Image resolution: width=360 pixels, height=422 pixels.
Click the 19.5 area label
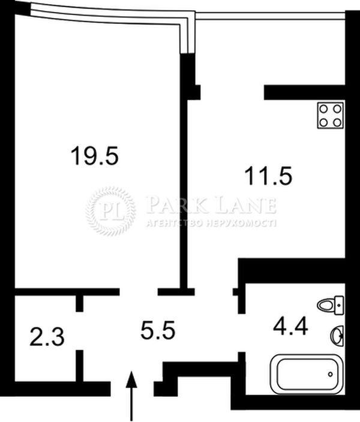tap(95, 156)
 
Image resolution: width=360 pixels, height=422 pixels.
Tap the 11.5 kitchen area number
tap(268, 176)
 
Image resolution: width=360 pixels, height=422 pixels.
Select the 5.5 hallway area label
tap(158, 330)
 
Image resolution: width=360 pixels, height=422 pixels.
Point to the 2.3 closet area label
tap(47, 337)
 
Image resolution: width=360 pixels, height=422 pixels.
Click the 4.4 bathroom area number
tap(290, 327)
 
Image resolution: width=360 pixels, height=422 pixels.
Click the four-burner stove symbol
tap(331, 115)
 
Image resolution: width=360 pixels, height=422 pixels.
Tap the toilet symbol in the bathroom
tap(331, 305)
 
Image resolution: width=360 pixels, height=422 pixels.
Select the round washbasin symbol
tap(337, 336)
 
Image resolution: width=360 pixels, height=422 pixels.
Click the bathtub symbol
tap(307, 373)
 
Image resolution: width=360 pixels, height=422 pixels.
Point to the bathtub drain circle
tap(331, 374)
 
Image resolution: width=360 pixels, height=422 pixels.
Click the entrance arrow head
tap(131, 379)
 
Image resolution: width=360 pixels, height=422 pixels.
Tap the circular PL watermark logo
tap(110, 211)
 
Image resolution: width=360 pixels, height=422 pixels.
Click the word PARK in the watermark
tap(178, 206)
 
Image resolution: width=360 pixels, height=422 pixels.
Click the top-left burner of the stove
tap(323, 108)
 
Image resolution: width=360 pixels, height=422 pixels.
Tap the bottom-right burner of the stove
tap(337, 122)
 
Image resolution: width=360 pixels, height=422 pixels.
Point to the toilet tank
tap(339, 305)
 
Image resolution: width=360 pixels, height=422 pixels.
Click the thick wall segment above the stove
tap(304, 92)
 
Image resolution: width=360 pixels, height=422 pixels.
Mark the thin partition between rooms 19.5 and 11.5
tap(184, 194)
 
